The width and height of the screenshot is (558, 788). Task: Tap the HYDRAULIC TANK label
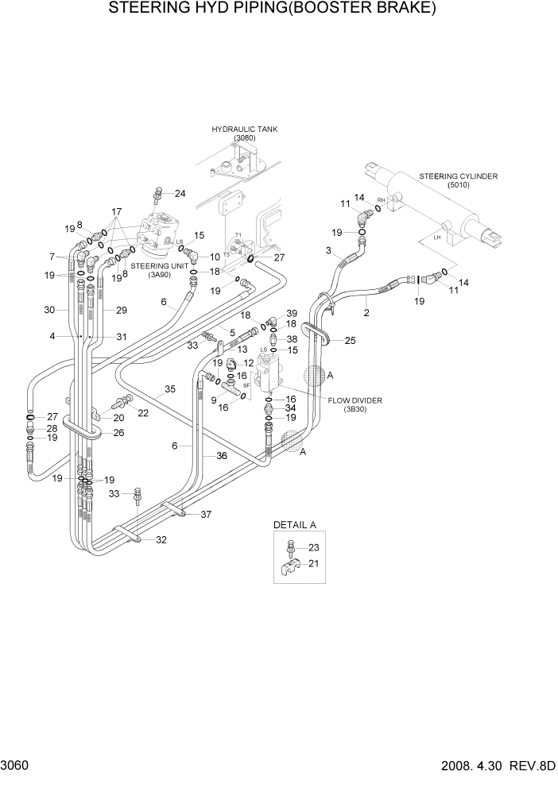pyautogui.click(x=244, y=129)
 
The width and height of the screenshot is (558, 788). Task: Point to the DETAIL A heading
pyautogui.click(x=295, y=525)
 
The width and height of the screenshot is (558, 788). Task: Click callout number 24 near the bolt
pyautogui.click(x=180, y=194)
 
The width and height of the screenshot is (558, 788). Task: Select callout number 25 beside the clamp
pyautogui.click(x=349, y=340)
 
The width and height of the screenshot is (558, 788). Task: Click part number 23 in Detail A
pyautogui.click(x=312, y=547)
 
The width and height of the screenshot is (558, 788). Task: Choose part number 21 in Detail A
pyautogui.click(x=312, y=564)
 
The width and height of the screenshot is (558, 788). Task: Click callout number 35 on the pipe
pyautogui.click(x=169, y=389)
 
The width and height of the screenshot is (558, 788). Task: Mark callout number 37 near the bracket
pyautogui.click(x=206, y=514)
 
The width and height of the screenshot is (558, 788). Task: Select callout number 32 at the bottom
pyautogui.click(x=161, y=540)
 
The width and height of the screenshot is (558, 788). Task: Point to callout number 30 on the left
pyautogui.click(x=50, y=310)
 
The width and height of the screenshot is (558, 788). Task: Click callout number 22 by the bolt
pyautogui.click(x=144, y=412)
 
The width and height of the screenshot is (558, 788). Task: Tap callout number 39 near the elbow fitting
pyautogui.click(x=291, y=313)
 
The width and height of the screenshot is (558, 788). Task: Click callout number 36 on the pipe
pyautogui.click(x=222, y=456)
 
